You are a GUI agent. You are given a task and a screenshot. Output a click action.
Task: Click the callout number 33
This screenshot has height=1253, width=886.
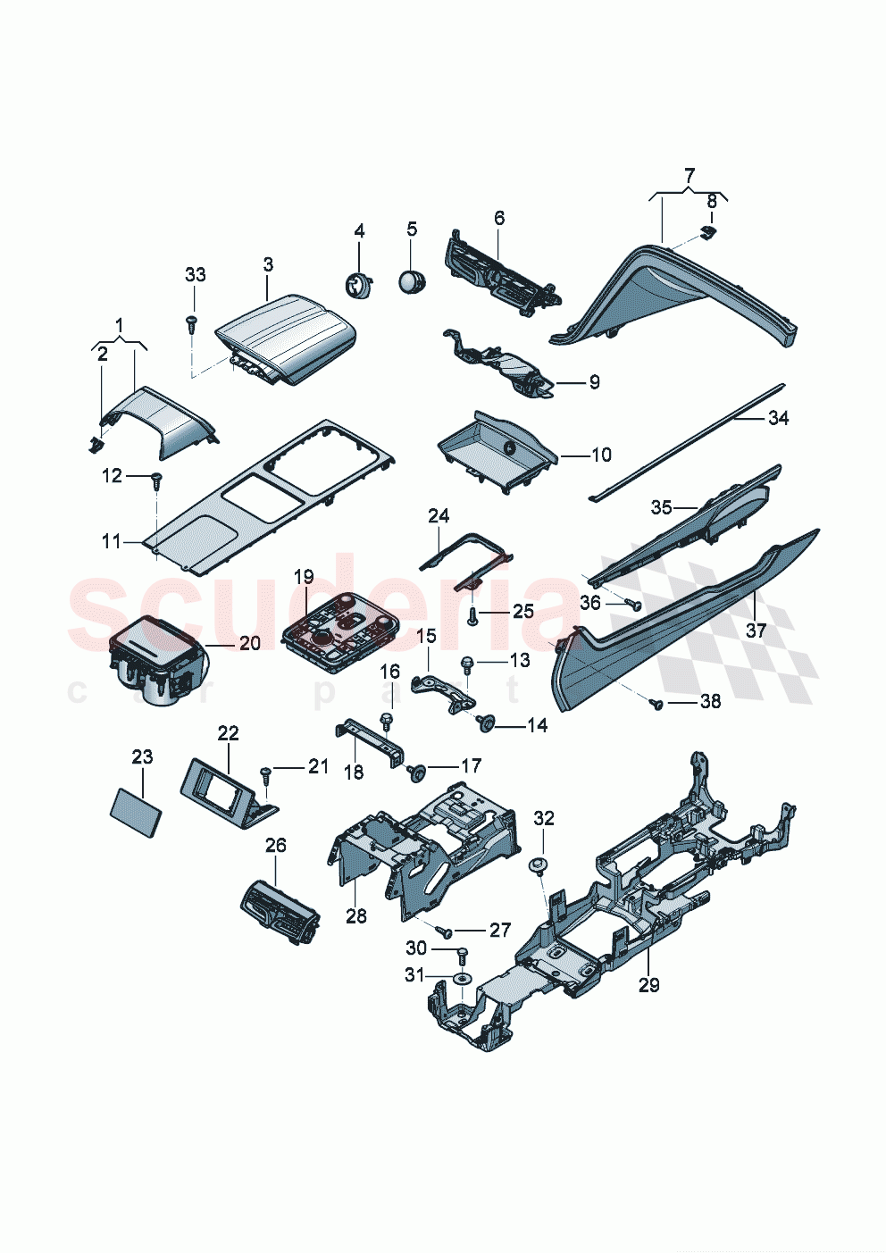tap(195, 275)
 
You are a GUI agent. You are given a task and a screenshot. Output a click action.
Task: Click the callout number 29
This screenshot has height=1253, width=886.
tap(649, 985)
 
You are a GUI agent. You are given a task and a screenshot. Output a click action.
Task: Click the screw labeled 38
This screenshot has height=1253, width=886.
tap(657, 705)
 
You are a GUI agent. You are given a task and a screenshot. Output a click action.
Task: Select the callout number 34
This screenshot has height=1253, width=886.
tap(779, 418)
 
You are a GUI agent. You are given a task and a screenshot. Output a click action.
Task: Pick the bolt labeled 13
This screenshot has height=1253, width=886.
tap(466, 663)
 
